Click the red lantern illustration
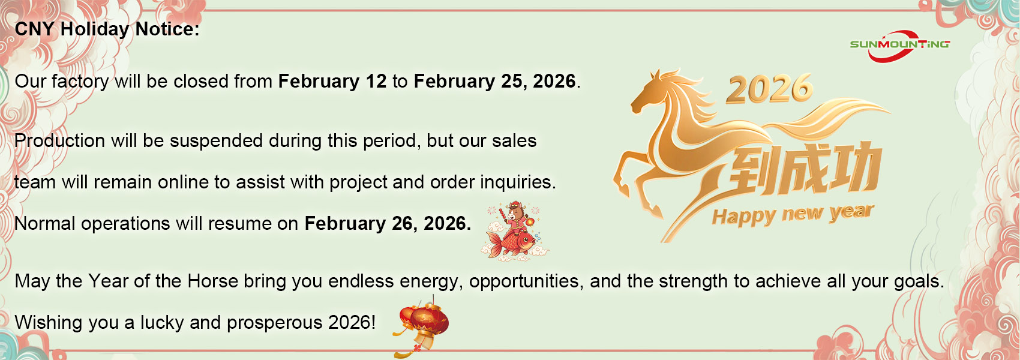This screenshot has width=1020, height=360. pos(422,326)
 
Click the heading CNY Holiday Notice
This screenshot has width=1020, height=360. pos(107,29)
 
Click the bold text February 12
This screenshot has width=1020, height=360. pos(332,82)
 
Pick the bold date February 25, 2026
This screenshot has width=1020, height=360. pos(495,82)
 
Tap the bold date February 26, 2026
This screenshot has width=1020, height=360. pos(388,223)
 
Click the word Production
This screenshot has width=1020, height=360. pos(59,140)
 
